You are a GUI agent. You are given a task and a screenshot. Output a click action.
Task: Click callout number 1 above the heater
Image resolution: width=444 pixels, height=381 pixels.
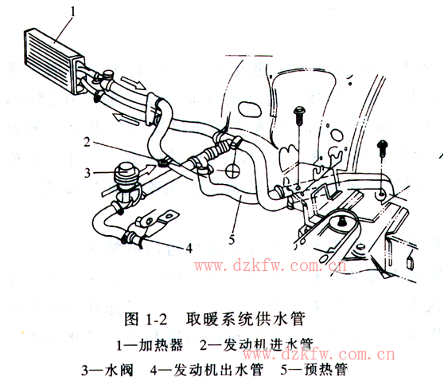click(73, 12)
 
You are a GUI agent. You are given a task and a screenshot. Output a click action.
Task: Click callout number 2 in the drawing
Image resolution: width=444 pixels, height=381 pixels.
click(87, 142)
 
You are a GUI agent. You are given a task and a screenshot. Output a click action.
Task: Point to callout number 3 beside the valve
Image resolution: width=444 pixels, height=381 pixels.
click(88, 173)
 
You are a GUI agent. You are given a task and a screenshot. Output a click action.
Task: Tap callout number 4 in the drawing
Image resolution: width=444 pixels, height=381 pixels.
click(189, 248)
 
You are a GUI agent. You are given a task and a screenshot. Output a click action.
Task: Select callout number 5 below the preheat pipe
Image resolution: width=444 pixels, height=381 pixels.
click(232, 240)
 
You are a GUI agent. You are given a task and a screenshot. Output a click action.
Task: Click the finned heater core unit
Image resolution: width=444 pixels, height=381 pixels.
click(54, 61)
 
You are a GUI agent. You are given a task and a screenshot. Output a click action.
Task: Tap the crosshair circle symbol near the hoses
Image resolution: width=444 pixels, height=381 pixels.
click(232, 171)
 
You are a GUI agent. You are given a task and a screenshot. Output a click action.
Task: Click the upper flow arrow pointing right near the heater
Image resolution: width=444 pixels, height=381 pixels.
click(134, 83)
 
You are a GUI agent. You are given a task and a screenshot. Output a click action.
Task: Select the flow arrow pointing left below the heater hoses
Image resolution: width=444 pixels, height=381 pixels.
click(125, 119)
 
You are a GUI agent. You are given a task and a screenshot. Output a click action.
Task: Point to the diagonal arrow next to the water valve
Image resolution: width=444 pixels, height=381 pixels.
click(147, 171)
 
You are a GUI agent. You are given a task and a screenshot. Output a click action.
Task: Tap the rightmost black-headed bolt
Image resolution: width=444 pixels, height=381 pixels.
click(382, 148)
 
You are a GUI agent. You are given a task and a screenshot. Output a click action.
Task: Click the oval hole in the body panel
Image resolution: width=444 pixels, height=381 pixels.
click(249, 109)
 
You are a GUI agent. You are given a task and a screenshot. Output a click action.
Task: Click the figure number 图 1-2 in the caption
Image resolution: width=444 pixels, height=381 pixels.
click(146, 320)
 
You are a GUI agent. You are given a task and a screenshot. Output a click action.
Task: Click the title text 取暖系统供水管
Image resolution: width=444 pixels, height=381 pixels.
click(246, 320)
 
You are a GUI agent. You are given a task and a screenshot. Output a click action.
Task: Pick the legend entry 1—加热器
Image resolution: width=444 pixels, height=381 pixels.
click(150, 345)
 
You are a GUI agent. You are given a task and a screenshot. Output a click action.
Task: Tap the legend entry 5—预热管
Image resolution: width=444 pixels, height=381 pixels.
click(314, 369)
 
